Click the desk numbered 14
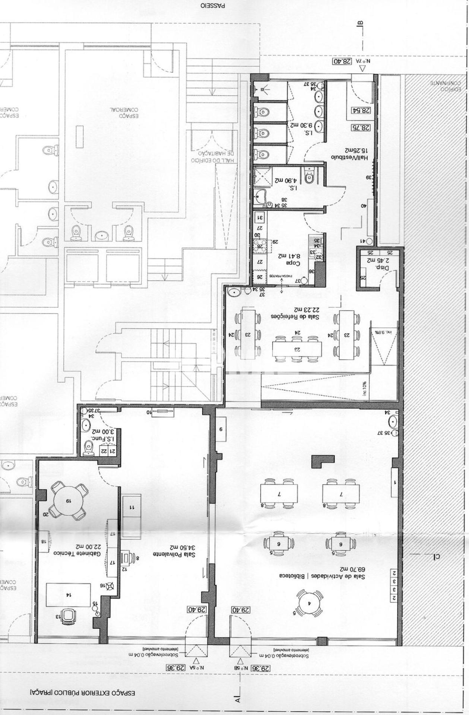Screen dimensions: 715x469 pos(68,595)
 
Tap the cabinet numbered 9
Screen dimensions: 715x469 pos(221,429)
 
